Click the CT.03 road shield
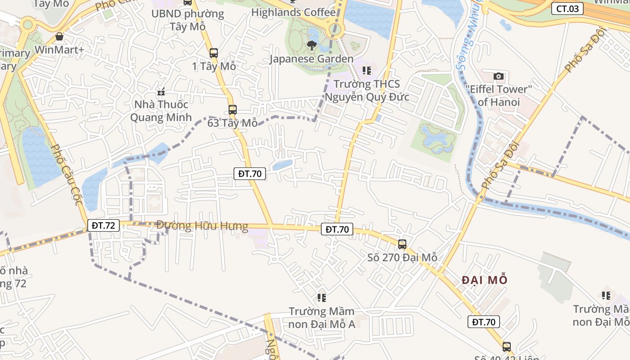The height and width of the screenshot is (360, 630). tap(567, 8)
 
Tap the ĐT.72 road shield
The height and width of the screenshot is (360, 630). tap(103, 225)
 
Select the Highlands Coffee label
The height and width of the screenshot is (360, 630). tap(293, 12)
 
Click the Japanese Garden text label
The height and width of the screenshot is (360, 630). tap(311, 59)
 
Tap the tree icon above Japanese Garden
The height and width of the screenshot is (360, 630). tap(311, 45)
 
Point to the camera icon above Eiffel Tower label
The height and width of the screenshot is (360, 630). tap(498, 76)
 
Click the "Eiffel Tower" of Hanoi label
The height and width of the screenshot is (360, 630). tap(499, 95)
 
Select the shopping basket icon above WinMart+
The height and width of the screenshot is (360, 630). tap(59, 36)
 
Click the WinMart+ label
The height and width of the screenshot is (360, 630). tap(59, 49)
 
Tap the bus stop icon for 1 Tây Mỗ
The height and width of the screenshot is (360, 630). tap(214, 53)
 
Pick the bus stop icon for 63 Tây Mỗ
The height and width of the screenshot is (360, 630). tap(232, 110)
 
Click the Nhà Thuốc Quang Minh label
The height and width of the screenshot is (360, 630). tap(159, 111)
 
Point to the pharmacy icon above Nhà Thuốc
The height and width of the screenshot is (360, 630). tap(161, 92)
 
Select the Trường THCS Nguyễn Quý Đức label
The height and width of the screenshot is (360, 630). tap(367, 90)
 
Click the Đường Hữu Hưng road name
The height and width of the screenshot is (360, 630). tap(202, 225)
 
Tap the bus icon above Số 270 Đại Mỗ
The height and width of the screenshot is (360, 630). tap(402, 244)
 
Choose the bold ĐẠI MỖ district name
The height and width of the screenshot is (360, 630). tap(485, 280)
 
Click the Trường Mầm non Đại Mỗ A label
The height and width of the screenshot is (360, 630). tap(321, 317)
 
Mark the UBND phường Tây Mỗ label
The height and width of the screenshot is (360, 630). tap(188, 20)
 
